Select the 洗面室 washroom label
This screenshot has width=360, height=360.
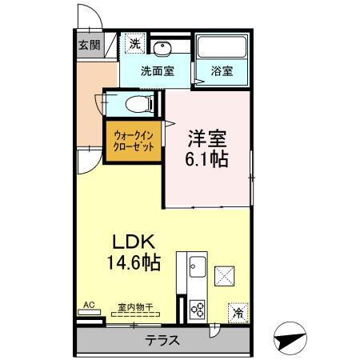[x=157, y=70]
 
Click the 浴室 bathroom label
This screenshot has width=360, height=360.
[x=222, y=70]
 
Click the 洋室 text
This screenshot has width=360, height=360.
[x=206, y=135]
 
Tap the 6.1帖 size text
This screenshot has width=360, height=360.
[x=206, y=158]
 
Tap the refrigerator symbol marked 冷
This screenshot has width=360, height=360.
[x=238, y=310]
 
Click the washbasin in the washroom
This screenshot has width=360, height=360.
[x=163, y=46]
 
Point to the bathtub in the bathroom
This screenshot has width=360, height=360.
[x=222, y=48]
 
